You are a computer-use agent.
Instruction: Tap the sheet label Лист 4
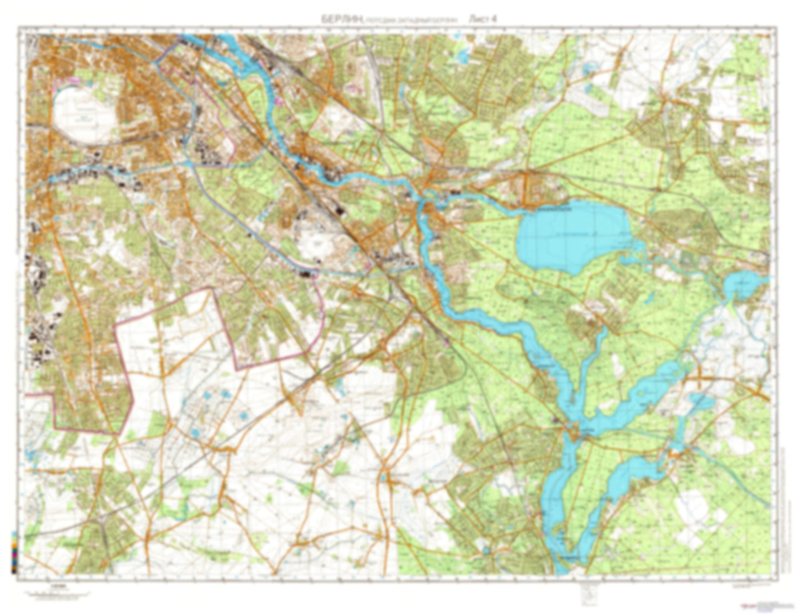point(483,18)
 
